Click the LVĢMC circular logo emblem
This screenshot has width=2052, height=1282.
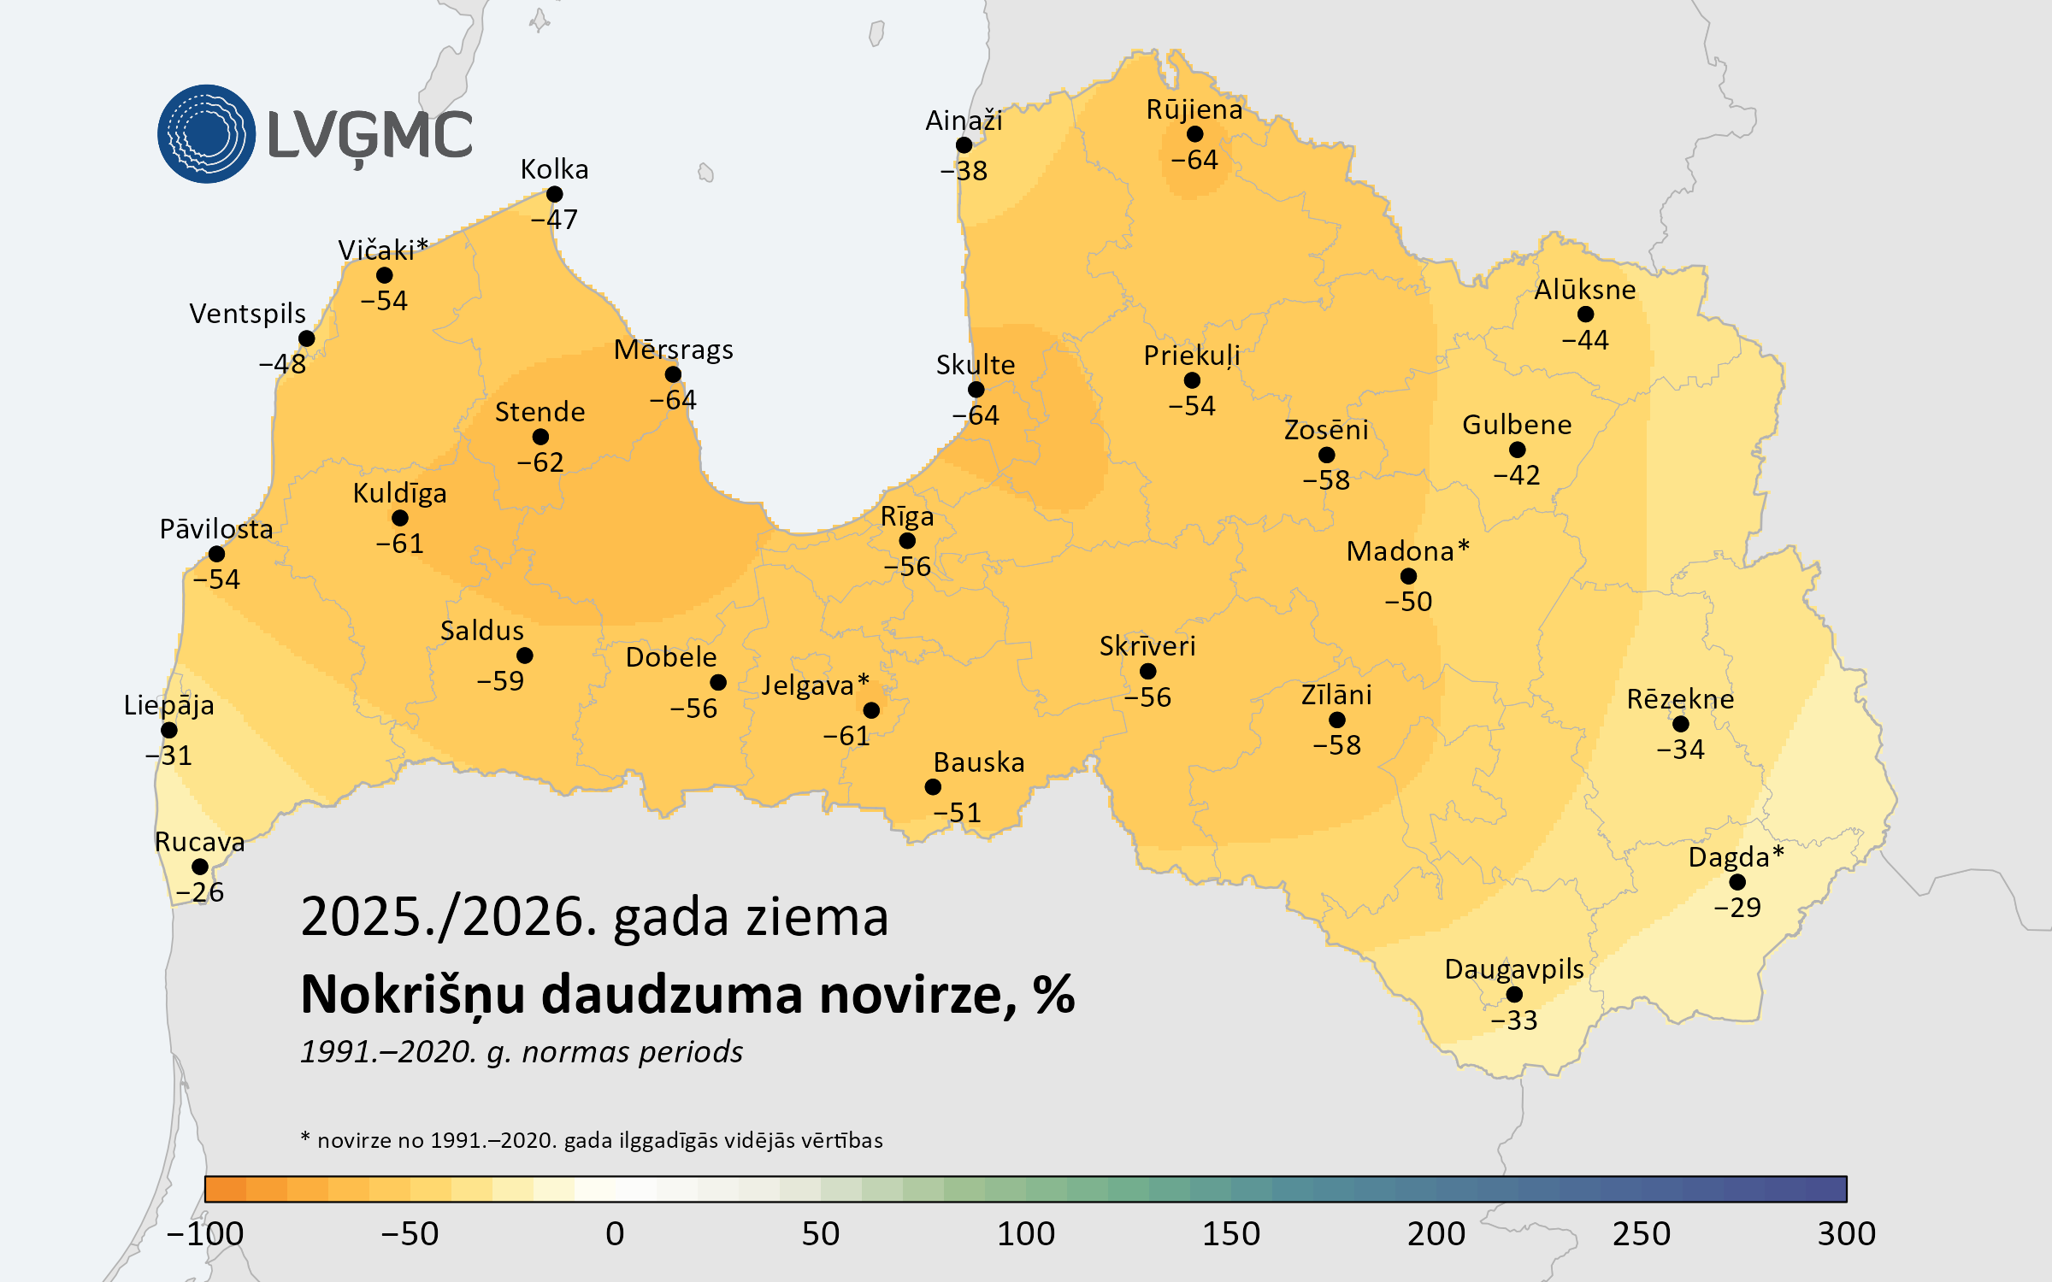coord(206,134)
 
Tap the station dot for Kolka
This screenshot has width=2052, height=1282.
coord(554,195)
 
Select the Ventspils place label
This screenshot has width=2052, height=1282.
coord(247,314)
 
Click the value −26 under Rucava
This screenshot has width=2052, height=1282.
coord(199,892)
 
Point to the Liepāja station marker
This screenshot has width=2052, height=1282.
coord(169,730)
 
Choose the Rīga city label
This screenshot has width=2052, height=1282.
coord(907,517)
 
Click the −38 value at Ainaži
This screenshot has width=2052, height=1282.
coord(964,171)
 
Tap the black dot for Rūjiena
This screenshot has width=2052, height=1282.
coord(1195,134)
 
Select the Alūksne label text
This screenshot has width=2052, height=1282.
coord(1584,290)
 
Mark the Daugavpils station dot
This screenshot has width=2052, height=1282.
coord(1514,994)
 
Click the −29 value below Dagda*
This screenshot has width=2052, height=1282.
coord(1737,907)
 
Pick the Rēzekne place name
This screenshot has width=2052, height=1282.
coord(1680,699)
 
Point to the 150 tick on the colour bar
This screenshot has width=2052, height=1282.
coord(1231,1233)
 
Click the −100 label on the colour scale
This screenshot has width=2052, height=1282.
coord(205,1233)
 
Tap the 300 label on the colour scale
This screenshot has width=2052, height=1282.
coord(1847,1233)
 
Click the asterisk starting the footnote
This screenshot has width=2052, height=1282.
coord(305,1138)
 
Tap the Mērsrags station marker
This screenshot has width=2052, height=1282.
coord(673,374)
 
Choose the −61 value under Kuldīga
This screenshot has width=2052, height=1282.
coord(400,544)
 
